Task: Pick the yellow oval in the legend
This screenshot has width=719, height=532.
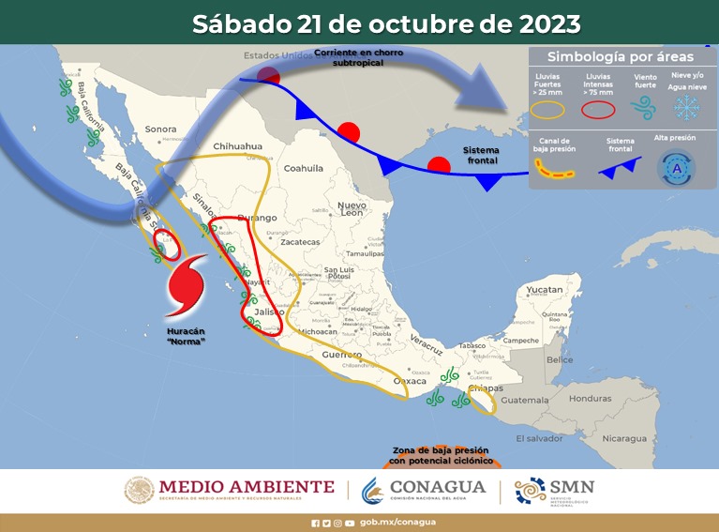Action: click(x=548, y=109)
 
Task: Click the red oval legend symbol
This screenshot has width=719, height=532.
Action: click(x=597, y=109)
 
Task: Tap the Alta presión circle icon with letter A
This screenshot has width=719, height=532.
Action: click(x=676, y=167)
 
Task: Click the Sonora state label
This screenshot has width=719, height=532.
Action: click(x=160, y=129)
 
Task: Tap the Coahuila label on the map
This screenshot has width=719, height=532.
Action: click(x=303, y=169)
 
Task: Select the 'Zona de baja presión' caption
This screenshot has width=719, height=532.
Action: click(x=442, y=455)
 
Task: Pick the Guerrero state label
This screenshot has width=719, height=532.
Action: click(x=341, y=356)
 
